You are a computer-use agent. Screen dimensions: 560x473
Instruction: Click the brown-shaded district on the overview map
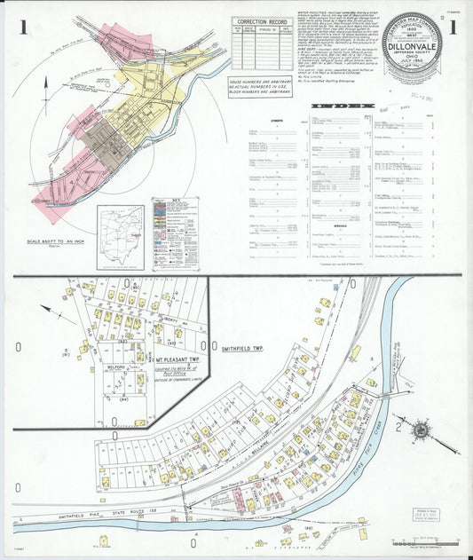[x=112, y=142]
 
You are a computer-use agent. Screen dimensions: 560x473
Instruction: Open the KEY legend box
[x=175, y=233]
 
